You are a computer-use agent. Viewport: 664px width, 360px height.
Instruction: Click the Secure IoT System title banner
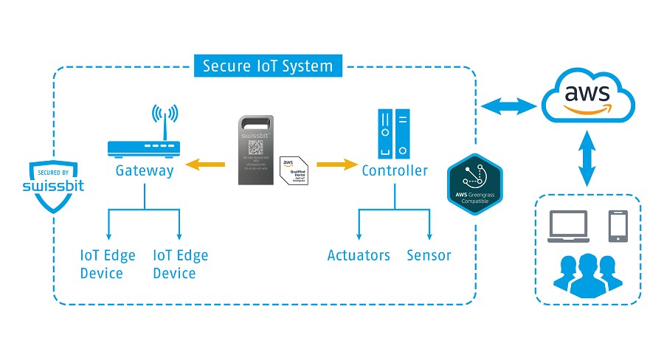268,66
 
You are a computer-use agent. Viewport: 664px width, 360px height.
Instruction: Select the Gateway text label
145,171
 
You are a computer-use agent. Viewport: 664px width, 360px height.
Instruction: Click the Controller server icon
394,133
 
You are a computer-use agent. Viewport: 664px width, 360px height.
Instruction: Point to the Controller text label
395,171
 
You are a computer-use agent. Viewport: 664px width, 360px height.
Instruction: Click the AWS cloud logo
587,98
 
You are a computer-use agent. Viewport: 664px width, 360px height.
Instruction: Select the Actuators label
359,256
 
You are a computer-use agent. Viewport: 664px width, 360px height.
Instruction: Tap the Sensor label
429,256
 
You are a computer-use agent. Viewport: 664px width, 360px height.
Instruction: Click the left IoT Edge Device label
108,264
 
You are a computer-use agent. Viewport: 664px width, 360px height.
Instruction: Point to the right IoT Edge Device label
180,264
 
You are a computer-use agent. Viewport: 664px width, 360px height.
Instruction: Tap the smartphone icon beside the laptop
618,226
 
